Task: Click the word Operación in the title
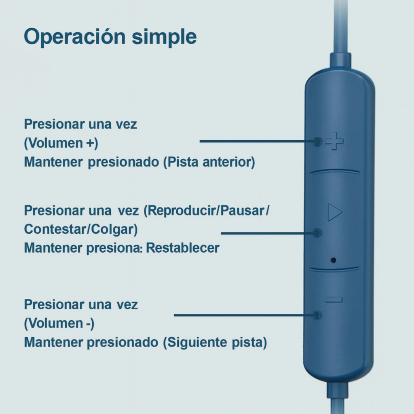[x=74, y=37]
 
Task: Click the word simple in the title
[x=164, y=37]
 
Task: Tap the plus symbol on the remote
[x=334, y=141]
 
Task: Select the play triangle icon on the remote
[x=335, y=212]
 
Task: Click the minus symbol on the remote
[x=334, y=300]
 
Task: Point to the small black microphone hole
[x=333, y=260]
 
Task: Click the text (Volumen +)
[x=61, y=143]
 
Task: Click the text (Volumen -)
[x=59, y=323]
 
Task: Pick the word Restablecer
[x=183, y=248]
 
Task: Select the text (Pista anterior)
[x=209, y=162]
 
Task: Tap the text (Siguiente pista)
[x=215, y=342]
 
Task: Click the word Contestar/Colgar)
[x=81, y=229]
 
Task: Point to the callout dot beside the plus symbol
[x=317, y=142]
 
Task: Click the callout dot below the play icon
[x=317, y=233]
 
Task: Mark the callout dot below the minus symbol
[x=317, y=315]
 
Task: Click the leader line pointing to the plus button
[x=258, y=141]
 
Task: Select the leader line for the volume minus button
[x=244, y=315]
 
